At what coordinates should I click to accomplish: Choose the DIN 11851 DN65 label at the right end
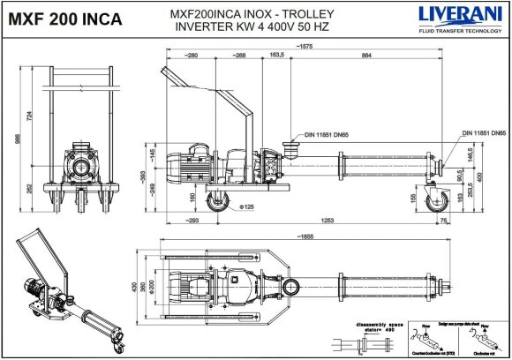coord(483,131)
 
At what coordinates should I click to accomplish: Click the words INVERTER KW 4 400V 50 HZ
coord(257,26)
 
